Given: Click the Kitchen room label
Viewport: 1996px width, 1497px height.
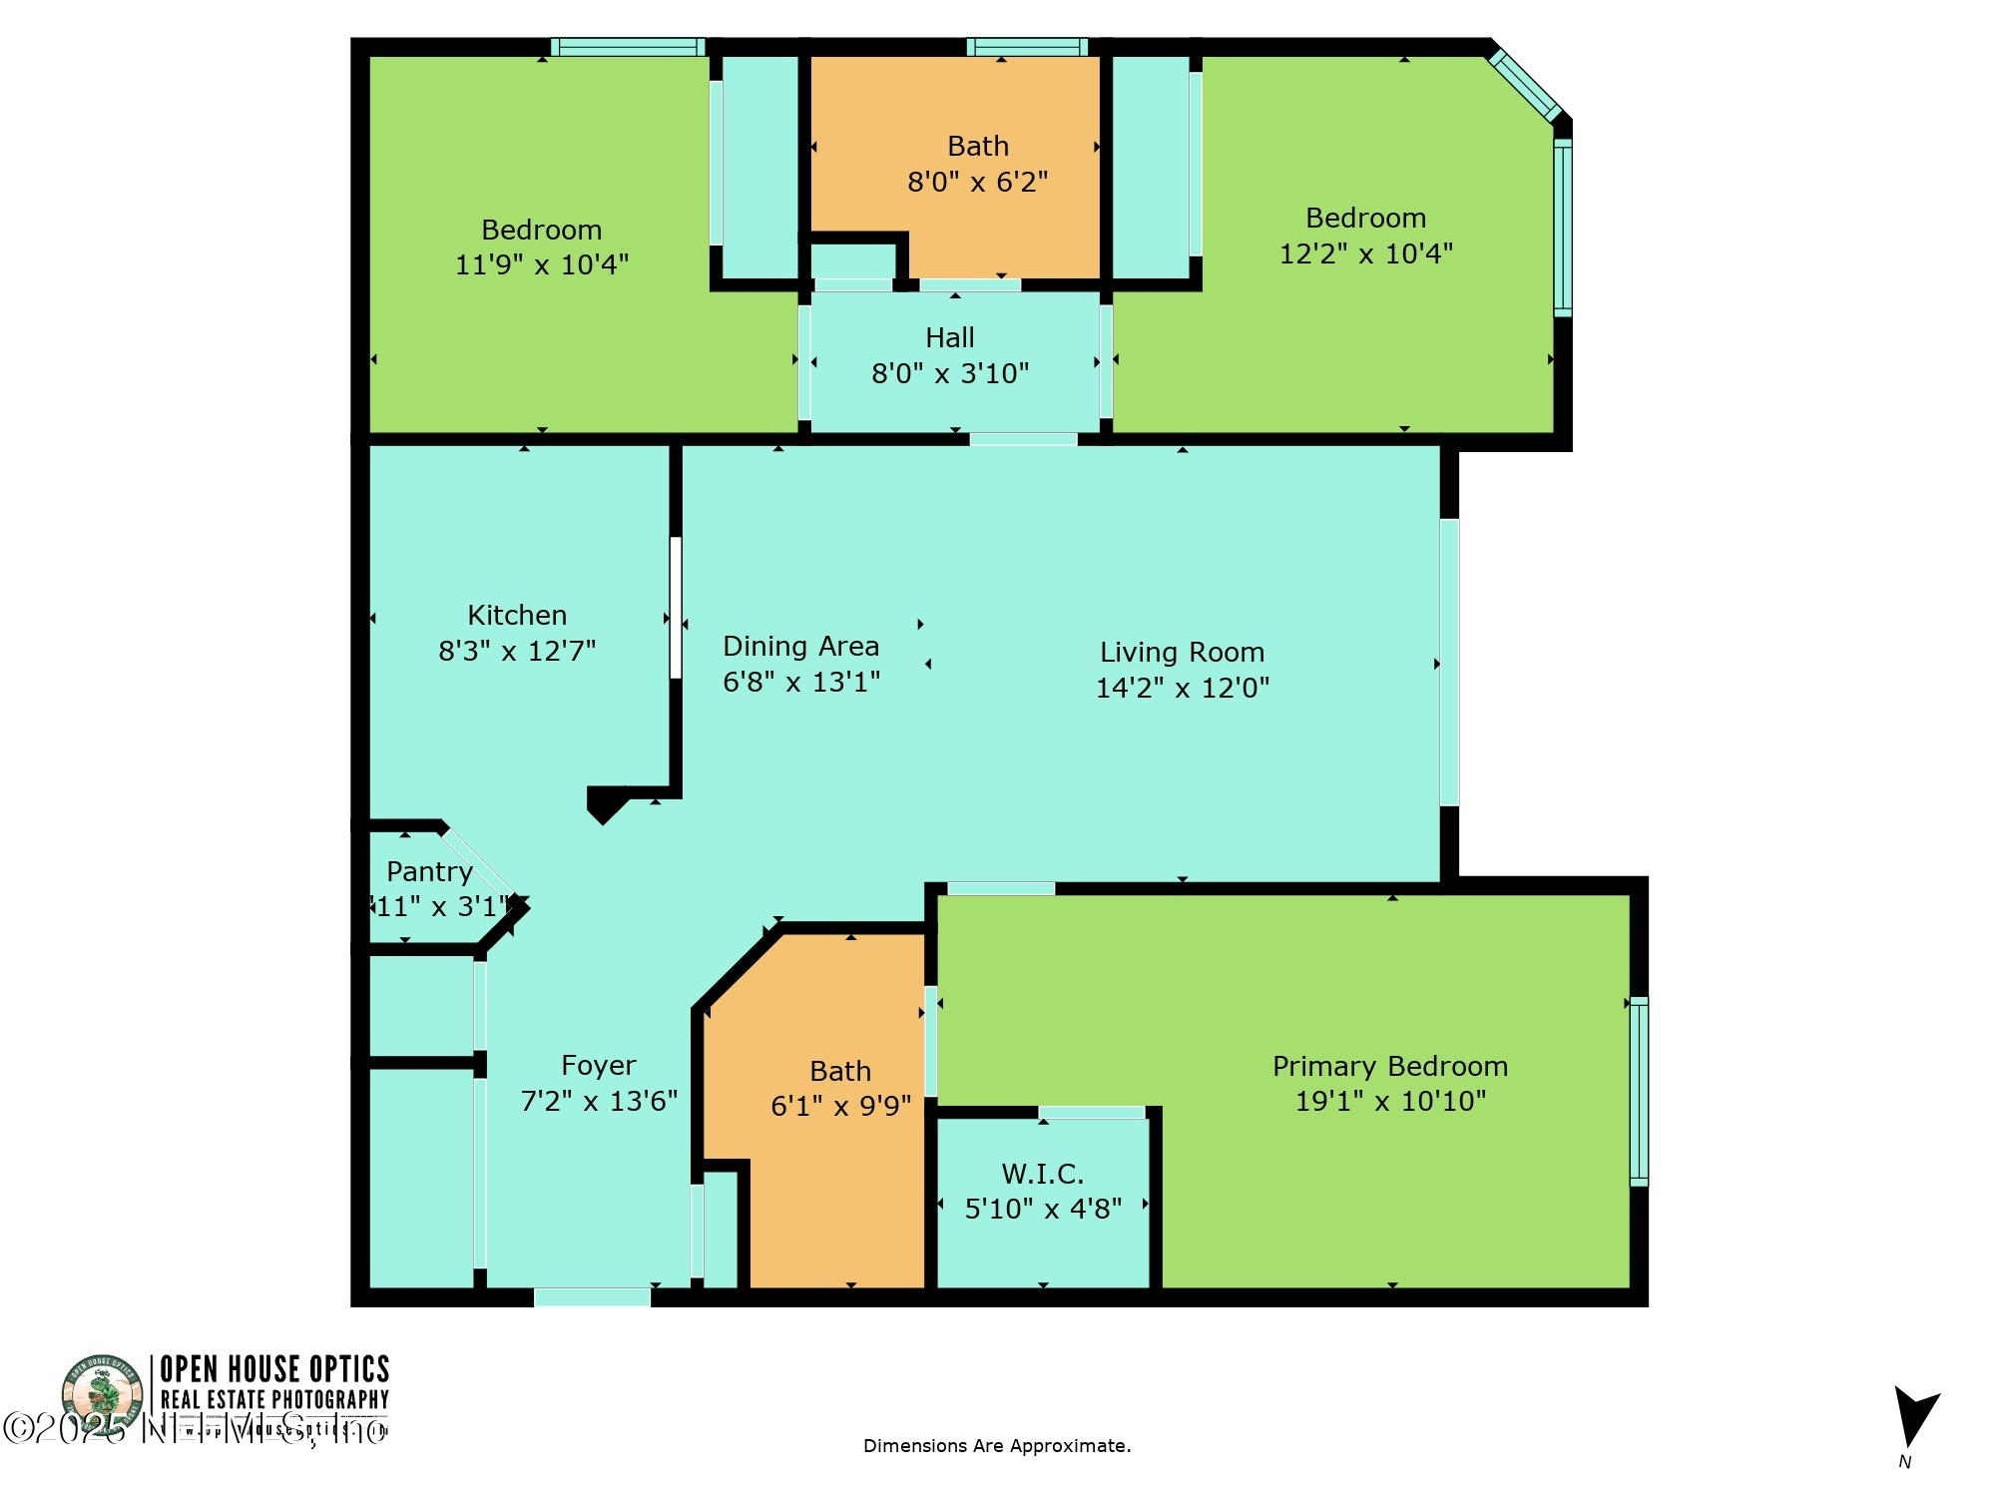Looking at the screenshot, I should click(x=517, y=616).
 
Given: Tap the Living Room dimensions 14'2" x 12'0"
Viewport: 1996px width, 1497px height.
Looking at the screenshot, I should click(x=1183, y=688).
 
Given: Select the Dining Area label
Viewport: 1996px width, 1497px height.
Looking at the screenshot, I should click(x=800, y=647).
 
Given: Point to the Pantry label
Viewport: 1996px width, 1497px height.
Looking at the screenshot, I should click(x=429, y=872).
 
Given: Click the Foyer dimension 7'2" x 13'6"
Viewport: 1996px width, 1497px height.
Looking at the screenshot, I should click(x=599, y=1101).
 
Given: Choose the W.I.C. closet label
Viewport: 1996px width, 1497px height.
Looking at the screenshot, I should click(x=1043, y=1174).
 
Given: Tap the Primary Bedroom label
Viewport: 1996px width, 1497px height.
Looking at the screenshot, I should click(x=1390, y=1067).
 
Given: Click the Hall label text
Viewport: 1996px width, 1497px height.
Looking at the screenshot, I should click(x=950, y=338).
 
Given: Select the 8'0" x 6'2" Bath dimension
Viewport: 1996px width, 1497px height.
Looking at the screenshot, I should click(x=978, y=182).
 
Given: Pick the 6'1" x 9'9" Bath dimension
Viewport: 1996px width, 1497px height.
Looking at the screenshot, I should click(x=841, y=1106).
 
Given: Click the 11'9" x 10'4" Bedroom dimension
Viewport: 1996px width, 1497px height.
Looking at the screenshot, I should click(x=542, y=264).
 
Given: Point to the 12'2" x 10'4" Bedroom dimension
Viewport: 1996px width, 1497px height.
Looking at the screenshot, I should click(x=1366, y=253).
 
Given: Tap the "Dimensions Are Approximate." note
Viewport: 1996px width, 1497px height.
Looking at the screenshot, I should click(x=997, y=1446).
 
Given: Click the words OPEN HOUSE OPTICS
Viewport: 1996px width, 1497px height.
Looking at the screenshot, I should click(x=274, y=1369).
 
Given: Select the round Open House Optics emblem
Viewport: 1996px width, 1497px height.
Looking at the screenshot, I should click(x=102, y=1392).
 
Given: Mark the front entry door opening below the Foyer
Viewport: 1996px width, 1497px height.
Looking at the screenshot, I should click(x=592, y=1297).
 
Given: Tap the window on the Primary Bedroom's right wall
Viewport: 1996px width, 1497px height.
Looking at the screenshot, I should click(x=1639, y=1091).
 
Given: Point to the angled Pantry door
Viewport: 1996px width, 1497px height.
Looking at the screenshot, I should click(x=480, y=864).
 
